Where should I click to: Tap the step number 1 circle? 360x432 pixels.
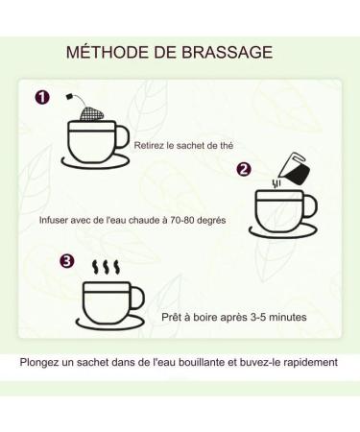click(42, 97)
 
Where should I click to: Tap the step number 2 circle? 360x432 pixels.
click(244, 169)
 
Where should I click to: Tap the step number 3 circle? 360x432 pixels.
click(66, 260)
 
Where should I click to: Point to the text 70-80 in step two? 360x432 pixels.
click(180, 220)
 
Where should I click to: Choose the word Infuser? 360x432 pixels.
click(55, 220)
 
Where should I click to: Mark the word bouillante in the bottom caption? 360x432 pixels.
click(204, 363)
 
